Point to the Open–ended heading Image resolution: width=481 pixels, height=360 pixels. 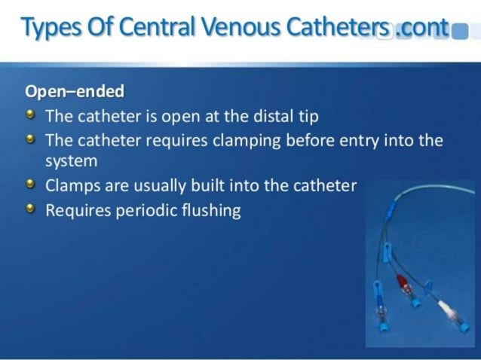(75, 92)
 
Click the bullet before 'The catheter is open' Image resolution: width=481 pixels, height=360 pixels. (30, 115)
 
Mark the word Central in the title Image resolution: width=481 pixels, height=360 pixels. (155, 28)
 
